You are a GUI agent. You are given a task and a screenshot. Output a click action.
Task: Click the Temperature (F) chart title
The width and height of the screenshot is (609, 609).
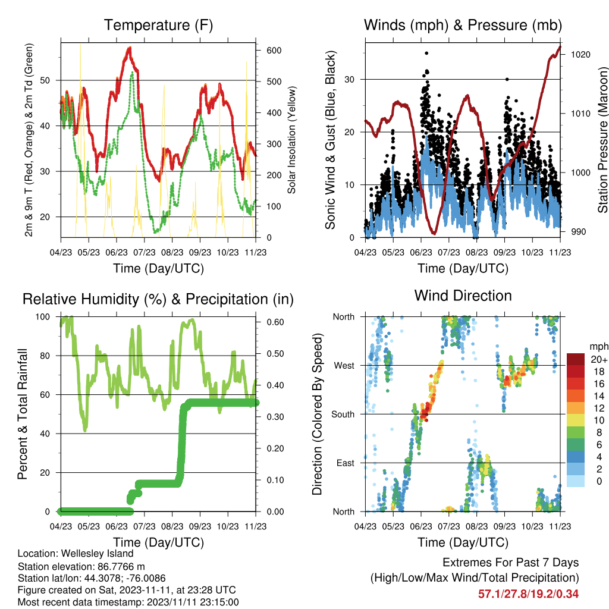[158, 25]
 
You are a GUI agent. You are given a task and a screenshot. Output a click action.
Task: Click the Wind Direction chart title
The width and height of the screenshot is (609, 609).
[463, 296]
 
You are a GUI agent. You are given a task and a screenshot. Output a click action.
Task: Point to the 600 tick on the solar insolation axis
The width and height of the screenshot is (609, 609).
[274, 51]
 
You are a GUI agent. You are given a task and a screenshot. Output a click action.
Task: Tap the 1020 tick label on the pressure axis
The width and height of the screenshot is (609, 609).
[580, 55]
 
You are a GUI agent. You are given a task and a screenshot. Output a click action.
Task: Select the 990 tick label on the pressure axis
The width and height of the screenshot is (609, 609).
[578, 232]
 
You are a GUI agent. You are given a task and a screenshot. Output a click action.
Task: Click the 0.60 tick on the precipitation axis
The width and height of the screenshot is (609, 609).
[275, 322]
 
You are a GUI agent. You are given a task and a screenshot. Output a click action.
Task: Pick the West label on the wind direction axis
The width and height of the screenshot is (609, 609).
[344, 366]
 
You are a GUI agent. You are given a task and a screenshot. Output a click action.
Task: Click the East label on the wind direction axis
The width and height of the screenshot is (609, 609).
[346, 463]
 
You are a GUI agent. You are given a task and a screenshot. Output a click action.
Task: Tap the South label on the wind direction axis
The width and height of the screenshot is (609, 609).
[343, 415]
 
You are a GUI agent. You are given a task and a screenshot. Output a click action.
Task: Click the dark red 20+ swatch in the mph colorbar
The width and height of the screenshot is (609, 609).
[576, 359]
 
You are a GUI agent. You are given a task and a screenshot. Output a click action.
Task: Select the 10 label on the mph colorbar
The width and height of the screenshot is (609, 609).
[599, 420]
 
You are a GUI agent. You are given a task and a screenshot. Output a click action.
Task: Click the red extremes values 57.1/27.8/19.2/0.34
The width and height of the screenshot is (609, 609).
[528, 594]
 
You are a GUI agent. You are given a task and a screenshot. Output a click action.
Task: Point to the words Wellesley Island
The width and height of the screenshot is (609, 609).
[97, 554]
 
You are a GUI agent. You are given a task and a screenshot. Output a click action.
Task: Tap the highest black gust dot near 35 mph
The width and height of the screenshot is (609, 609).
[426, 53]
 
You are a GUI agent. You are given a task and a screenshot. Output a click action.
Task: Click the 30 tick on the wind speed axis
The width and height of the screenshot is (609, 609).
[349, 80]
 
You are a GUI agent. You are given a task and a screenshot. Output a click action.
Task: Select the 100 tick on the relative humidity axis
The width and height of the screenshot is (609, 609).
[43, 317]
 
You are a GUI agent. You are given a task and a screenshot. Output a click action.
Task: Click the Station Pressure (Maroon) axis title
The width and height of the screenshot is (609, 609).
[602, 140]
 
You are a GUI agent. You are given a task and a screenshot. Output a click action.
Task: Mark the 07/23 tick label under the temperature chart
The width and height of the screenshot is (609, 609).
[144, 252]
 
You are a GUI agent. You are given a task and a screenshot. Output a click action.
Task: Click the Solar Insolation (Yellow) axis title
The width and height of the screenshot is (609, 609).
[291, 140]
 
